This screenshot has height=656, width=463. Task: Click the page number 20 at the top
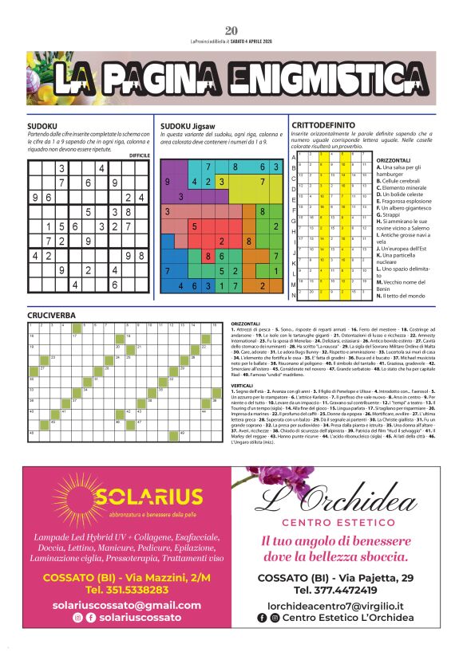231,9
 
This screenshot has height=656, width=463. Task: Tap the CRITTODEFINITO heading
323,125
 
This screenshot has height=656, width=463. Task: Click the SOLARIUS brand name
144,499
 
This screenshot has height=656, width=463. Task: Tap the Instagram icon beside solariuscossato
77,618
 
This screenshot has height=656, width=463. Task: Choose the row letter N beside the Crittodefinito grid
294,295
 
